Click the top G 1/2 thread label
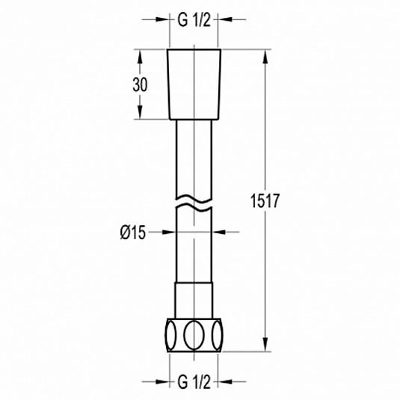[x=194, y=20]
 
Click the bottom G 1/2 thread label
[x=194, y=382]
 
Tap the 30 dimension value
[x=140, y=84]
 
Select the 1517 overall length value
[x=265, y=201]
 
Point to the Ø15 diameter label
[x=133, y=233]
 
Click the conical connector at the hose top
[x=194, y=84]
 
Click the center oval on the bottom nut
[x=194, y=335]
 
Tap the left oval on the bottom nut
[x=171, y=335]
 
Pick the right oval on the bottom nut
[x=218, y=335]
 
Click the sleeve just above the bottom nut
[x=194, y=301]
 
